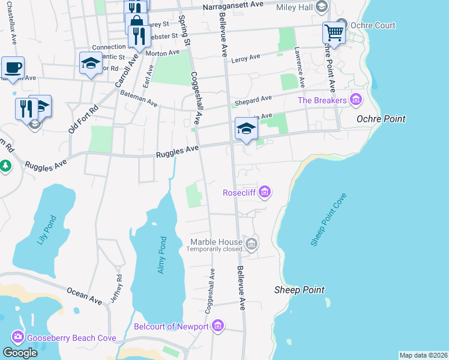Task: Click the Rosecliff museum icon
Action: pyautogui.click(x=265, y=193)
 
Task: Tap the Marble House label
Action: pyautogui.click(x=216, y=242)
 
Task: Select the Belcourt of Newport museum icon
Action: pyautogui.click(x=217, y=326)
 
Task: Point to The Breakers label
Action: pyautogui.click(x=322, y=100)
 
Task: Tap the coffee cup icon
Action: pyautogui.click(x=12, y=67)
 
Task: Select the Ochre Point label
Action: pyautogui.click(x=381, y=119)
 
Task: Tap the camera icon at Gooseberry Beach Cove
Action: pyautogui.click(x=17, y=338)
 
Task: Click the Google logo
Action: pyautogui.click(x=20, y=353)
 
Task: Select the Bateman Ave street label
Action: pyautogui.click(x=138, y=99)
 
